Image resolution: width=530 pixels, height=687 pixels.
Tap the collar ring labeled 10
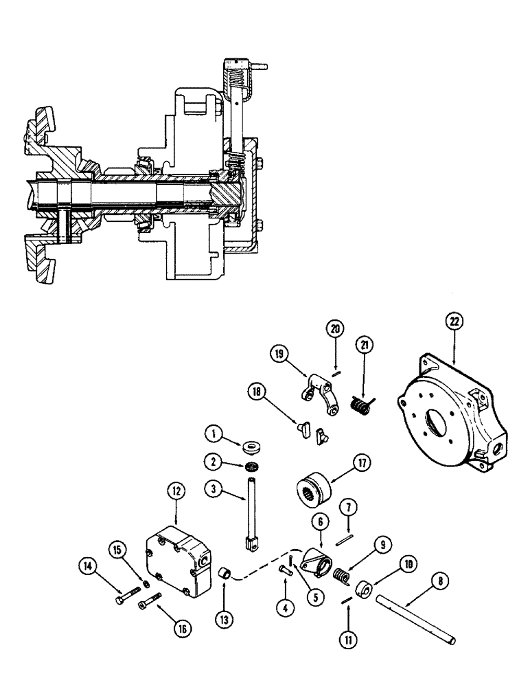tap(365, 589)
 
